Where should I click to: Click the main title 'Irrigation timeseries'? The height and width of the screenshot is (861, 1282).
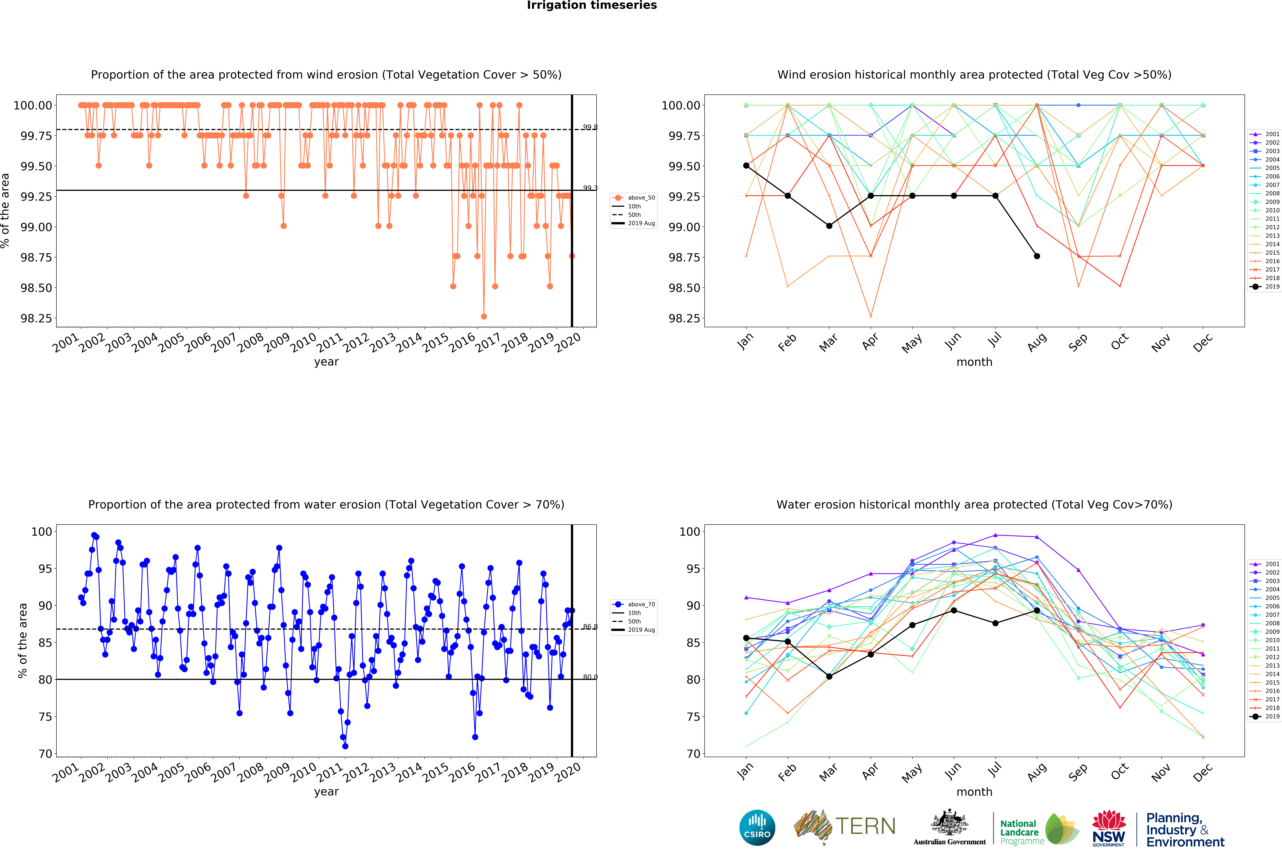(592, 6)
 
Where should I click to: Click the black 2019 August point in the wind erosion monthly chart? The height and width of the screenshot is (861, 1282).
(1037, 256)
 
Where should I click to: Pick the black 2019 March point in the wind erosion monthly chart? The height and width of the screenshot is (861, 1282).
(829, 226)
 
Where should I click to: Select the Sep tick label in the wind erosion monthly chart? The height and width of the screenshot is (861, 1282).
(1078, 342)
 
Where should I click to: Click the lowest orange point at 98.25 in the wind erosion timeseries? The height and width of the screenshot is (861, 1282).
(484, 316)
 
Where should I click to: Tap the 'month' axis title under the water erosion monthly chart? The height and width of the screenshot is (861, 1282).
(974, 792)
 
